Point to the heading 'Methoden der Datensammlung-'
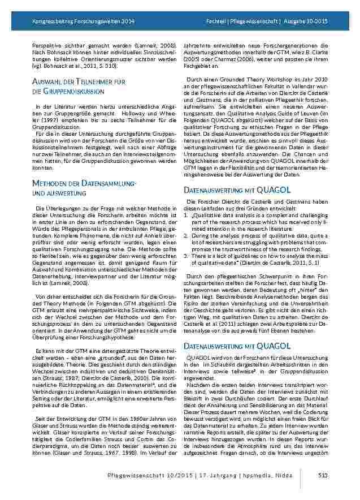coord(83,184)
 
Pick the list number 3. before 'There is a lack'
coord(187,256)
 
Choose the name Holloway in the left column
coord(135,112)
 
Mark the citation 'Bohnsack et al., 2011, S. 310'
coord(81,66)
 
